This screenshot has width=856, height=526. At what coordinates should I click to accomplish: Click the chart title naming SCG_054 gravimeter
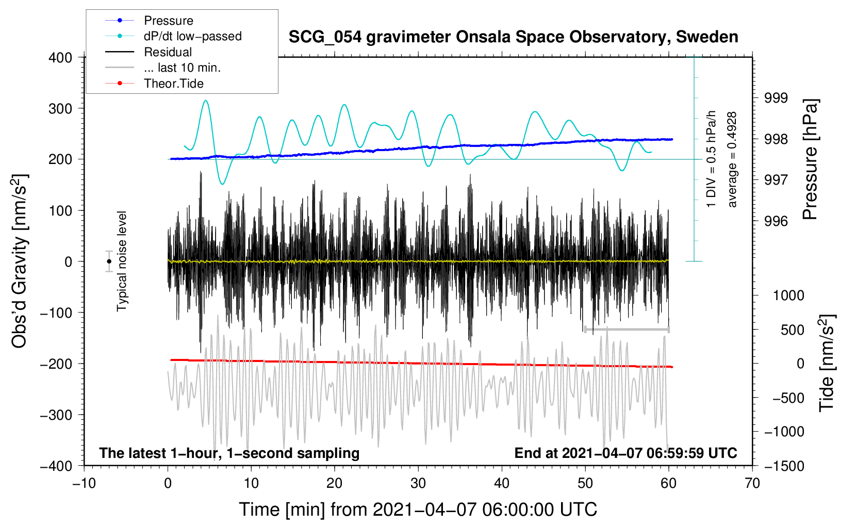tap(513, 37)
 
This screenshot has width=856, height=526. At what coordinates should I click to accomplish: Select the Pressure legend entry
tap(149, 20)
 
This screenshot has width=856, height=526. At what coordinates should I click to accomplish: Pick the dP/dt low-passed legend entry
tap(173, 36)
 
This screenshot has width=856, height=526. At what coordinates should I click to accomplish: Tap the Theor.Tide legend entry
tap(154, 84)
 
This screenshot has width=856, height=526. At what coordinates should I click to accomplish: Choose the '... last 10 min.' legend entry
tap(163, 68)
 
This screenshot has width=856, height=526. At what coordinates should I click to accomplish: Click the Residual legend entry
tap(149, 52)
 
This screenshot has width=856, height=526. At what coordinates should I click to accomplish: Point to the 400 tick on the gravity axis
tap(60, 58)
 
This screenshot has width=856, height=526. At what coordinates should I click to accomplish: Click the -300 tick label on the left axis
tap(56, 415)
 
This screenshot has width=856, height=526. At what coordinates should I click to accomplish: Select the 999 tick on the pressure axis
tap(776, 98)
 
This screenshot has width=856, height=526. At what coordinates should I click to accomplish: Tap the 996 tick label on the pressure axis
tap(776, 221)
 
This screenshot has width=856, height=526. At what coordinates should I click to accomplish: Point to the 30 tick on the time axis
tap(418, 483)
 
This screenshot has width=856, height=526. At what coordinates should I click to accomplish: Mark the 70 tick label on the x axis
tap(752, 483)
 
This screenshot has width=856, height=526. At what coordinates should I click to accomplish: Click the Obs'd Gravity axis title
tap(19, 261)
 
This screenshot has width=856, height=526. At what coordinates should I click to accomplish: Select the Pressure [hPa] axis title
tap(810, 159)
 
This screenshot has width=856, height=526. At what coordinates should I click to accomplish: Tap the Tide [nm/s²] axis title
tap(827, 363)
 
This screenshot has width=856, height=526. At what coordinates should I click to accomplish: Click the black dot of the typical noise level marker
tap(109, 261)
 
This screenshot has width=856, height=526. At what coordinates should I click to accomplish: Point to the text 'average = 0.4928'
tap(732, 160)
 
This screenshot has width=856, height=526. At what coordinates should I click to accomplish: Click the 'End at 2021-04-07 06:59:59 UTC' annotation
tap(625, 453)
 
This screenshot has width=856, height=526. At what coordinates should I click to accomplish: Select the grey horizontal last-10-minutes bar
tap(627, 330)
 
